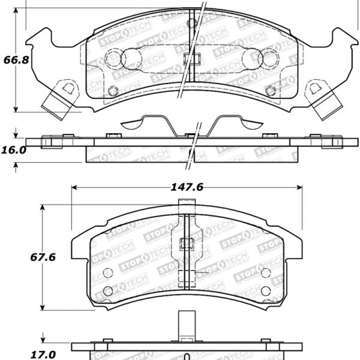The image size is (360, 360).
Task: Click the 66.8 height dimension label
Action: (x=14, y=61)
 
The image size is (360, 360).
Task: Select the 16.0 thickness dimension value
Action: (x=14, y=150)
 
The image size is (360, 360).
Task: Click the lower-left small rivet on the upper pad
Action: (x=113, y=91)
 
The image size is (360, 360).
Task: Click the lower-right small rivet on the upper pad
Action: (x=270, y=91)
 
